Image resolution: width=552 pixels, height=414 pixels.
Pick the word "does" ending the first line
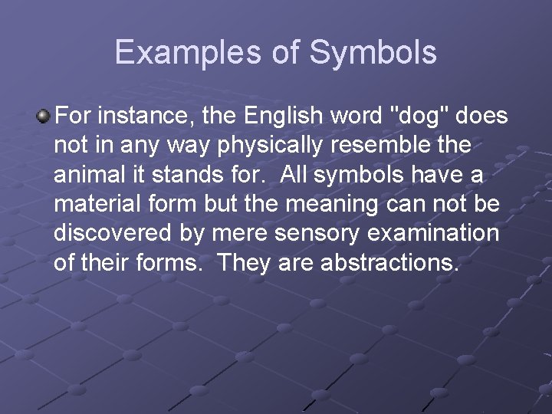click(482, 117)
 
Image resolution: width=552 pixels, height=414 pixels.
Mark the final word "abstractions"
click(389, 263)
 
